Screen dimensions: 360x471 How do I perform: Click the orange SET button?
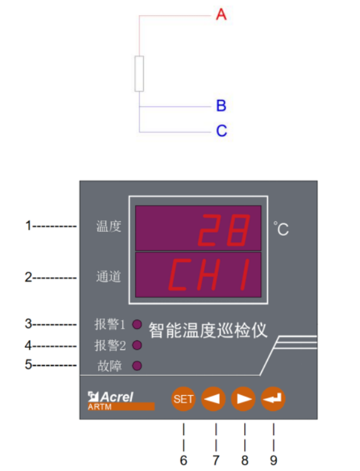point(183,399)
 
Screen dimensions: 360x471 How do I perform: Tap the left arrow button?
point(213,399)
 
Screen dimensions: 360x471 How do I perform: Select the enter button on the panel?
point(273,399)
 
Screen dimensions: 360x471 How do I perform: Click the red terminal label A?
point(221,14)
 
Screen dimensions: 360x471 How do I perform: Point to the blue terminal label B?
point(221,106)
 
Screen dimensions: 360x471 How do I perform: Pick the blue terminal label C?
point(222,131)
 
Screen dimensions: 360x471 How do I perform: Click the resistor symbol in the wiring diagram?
point(139,74)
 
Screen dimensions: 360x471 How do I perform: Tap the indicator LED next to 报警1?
point(137,324)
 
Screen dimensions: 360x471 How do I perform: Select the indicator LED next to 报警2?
point(137,345)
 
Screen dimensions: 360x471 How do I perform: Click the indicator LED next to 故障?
point(137,366)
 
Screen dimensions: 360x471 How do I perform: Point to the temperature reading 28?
point(224,230)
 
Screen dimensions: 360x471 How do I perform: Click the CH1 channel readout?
point(209,275)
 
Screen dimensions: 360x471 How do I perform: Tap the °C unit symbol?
point(281,229)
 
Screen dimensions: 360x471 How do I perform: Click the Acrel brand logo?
point(111,397)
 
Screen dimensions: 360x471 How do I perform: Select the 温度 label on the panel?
point(109,226)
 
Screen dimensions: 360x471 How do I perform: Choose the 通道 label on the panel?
point(109,277)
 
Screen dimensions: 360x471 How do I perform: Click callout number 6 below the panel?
point(183,460)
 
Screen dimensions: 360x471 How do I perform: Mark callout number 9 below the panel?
point(273,460)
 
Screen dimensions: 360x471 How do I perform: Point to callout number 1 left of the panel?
point(28,226)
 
